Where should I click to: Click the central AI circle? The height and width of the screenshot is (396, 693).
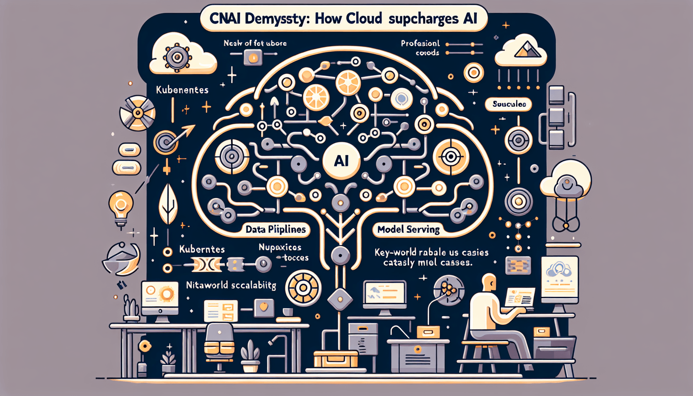click(341, 160)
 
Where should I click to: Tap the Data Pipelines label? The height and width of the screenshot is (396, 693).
click(275, 229)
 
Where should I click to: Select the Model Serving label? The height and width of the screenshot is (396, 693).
click(408, 229)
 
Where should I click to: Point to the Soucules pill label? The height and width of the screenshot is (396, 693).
click(509, 104)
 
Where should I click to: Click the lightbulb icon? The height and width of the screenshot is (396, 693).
click(121, 207)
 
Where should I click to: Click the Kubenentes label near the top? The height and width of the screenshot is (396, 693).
click(182, 90)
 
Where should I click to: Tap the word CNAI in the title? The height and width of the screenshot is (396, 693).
click(225, 19)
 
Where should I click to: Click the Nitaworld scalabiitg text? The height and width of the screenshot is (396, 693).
click(231, 285)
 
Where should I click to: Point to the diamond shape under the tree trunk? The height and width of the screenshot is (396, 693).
click(340, 299)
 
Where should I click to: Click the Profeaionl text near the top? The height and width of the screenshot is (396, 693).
click(420, 43)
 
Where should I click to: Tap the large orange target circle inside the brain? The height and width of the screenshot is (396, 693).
click(451, 157)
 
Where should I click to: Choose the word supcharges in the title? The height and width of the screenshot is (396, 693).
click(423, 19)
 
